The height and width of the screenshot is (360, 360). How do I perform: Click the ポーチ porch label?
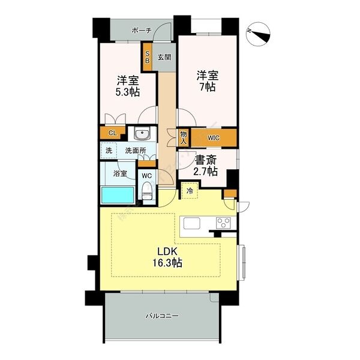142,31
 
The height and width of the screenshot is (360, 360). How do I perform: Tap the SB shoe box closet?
148,57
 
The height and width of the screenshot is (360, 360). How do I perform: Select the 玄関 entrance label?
164,57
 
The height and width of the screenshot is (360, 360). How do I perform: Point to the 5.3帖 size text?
127,92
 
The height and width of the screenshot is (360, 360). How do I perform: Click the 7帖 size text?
207,87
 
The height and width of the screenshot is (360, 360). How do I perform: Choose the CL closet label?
113,133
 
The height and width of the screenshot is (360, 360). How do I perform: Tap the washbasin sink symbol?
142,134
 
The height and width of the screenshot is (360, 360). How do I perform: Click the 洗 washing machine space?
109,151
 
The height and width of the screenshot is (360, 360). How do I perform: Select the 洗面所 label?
135,151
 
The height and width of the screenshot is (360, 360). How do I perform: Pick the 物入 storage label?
184,137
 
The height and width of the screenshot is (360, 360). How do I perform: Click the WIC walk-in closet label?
214,138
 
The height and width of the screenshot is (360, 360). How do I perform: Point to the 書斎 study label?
205,161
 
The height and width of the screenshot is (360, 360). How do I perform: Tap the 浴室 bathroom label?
120,173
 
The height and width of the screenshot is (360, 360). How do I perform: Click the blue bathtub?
118,195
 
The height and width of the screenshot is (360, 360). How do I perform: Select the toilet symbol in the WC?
147,191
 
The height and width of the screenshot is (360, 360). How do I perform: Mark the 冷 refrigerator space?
190,190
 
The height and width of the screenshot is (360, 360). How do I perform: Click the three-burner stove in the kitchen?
223,223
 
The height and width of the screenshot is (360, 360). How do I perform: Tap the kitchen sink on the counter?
192,223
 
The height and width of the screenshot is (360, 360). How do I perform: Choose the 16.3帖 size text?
167,262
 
